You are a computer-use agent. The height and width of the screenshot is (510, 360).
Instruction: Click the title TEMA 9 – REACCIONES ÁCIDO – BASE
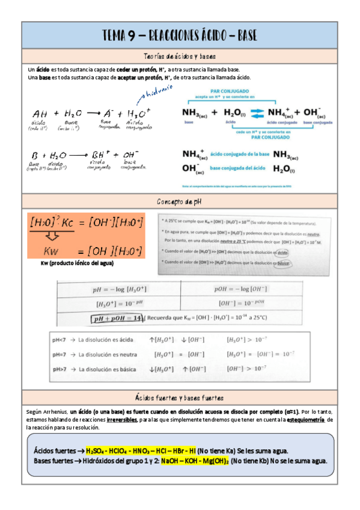click(x=180, y=35)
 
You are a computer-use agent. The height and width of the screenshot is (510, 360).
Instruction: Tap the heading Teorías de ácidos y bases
click(x=180, y=56)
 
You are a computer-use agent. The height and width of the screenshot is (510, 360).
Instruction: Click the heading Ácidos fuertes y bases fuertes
click(x=180, y=398)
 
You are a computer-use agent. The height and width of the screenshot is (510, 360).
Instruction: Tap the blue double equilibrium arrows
click(x=257, y=112)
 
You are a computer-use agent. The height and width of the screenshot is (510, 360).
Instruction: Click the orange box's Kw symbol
click(x=52, y=250)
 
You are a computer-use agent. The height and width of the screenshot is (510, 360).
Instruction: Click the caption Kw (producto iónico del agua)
click(x=77, y=263)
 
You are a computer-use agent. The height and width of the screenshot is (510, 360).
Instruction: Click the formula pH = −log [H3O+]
click(x=120, y=289)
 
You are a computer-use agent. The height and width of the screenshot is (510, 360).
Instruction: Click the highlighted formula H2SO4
click(x=96, y=450)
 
